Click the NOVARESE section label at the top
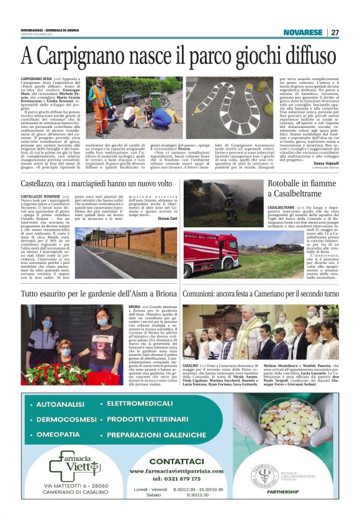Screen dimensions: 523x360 tap(302, 32)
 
